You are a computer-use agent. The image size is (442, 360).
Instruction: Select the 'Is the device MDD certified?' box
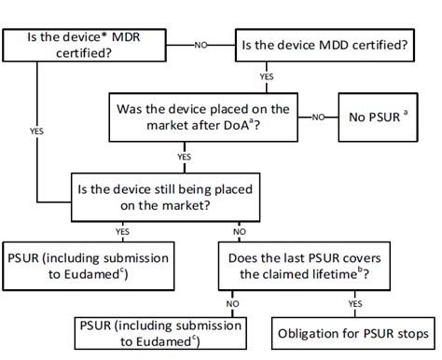325,44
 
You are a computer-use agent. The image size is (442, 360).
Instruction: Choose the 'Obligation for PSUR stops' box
353,332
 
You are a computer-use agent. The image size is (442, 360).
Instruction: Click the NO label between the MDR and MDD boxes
200,44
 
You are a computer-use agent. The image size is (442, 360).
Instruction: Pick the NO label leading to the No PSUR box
319,117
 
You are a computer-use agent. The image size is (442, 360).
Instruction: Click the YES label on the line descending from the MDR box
36,132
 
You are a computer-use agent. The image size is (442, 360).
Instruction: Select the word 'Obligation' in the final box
312,332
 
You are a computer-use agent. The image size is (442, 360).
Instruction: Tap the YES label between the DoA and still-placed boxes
172,157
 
